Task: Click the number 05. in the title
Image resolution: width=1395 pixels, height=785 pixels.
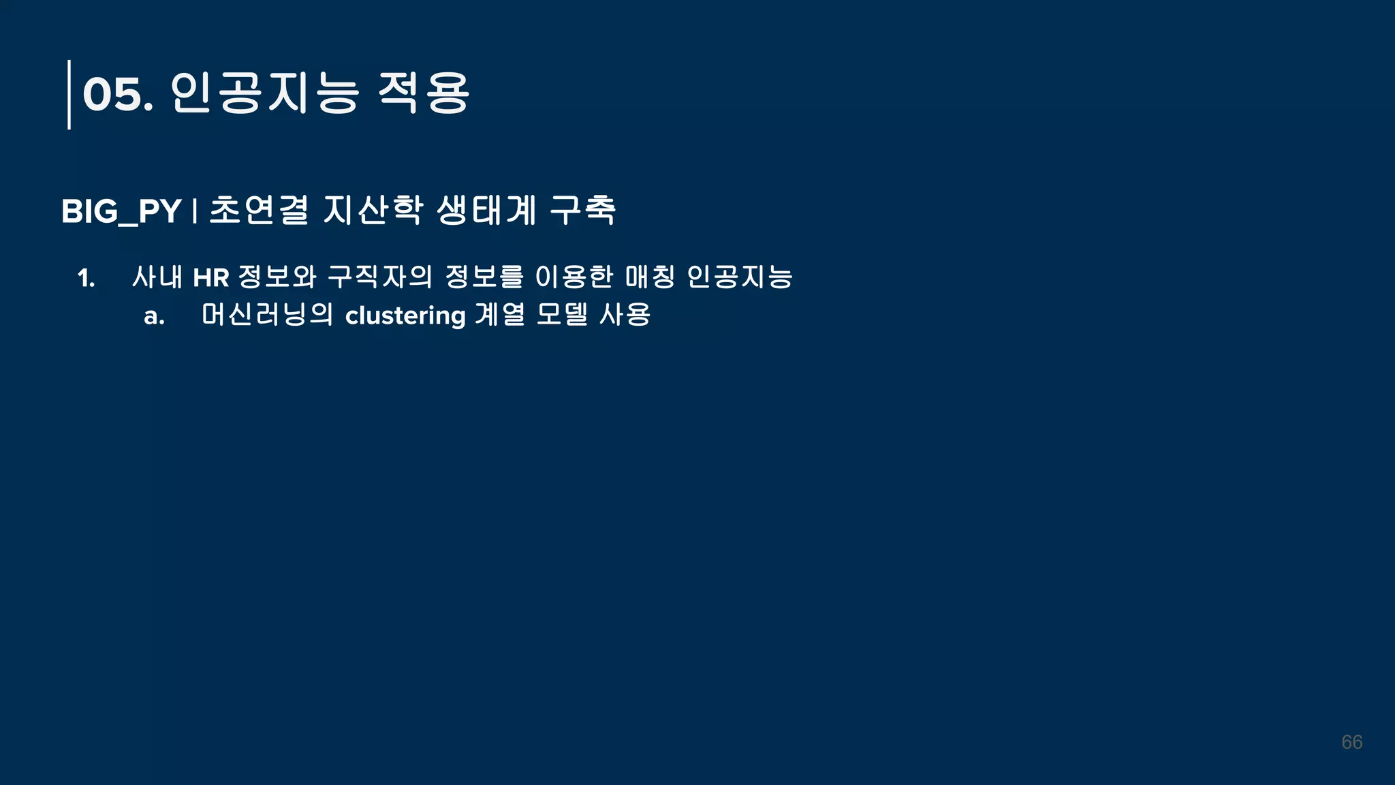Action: click(x=117, y=94)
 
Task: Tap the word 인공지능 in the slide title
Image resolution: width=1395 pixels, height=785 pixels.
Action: click(x=264, y=93)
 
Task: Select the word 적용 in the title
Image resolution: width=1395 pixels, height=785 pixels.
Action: click(x=423, y=93)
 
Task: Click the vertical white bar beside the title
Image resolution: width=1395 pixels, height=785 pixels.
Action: click(x=69, y=94)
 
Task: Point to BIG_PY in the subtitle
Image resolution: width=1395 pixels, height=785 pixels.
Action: click(x=121, y=211)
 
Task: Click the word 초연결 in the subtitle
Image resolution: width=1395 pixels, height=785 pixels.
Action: click(x=259, y=210)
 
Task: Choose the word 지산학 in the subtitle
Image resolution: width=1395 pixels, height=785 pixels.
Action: click(x=373, y=210)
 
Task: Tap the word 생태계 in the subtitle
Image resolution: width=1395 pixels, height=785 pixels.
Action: click(x=486, y=210)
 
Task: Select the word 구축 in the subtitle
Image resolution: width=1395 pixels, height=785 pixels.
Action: click(x=583, y=210)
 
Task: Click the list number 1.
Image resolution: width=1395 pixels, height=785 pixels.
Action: click(x=86, y=278)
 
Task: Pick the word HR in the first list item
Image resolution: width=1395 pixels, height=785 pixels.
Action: click(x=211, y=278)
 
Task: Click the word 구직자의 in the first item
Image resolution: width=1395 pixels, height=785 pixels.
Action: click(x=380, y=277)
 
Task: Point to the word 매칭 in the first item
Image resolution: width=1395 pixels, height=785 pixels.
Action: click(x=650, y=277)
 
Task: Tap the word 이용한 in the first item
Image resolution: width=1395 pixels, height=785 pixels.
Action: click(x=574, y=277)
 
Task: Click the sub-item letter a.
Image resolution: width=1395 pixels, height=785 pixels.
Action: click(x=154, y=316)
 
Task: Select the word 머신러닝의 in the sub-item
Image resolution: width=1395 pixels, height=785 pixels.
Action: click(x=267, y=315)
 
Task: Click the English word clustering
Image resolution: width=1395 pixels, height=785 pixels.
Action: click(x=405, y=315)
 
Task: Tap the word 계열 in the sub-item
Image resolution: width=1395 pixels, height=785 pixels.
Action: click(x=500, y=315)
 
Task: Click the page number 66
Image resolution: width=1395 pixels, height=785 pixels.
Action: click(x=1351, y=742)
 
